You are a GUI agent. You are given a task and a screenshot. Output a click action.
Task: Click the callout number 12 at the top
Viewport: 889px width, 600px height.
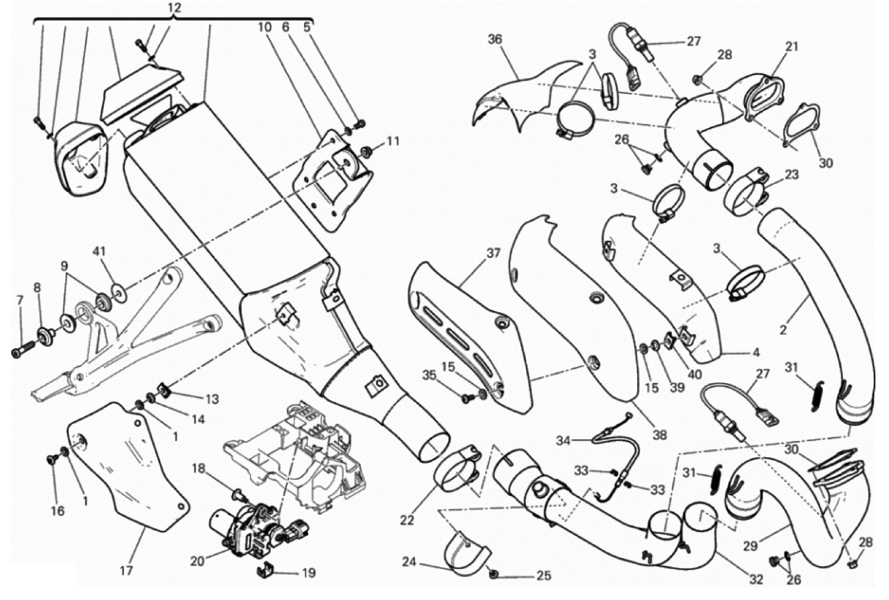[175, 8]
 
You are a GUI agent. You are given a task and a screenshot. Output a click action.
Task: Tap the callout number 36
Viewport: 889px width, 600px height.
[494, 39]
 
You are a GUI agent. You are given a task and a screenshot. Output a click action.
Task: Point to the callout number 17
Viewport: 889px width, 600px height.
[126, 571]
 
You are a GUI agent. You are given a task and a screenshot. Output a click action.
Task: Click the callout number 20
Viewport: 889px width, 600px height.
[197, 561]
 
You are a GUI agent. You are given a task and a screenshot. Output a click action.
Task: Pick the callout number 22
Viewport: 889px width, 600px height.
[406, 521]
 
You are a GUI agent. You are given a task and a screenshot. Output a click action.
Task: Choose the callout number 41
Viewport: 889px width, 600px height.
[99, 251]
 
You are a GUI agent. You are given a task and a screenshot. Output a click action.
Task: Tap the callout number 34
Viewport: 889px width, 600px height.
[564, 440]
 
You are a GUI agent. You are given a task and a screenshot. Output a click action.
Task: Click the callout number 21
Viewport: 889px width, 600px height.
[791, 46]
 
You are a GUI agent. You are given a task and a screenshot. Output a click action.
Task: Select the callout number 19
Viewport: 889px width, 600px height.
[308, 573]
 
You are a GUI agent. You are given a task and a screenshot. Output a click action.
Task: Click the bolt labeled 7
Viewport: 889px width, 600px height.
[18, 352]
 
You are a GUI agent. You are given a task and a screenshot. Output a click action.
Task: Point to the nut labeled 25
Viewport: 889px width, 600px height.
[494, 574]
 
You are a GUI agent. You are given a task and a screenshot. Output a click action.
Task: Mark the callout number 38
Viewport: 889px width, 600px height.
[660, 435]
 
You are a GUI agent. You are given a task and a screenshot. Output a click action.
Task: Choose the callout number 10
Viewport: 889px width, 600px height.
[264, 27]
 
